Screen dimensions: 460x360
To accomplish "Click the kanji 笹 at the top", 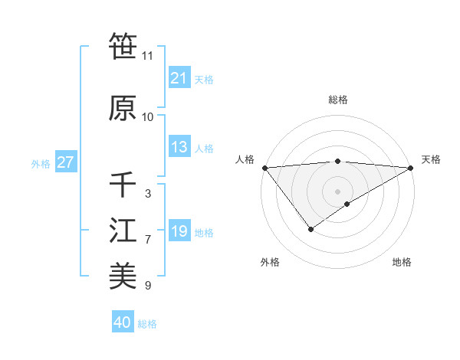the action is pyautogui.click(x=123, y=47).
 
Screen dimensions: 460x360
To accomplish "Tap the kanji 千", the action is pyautogui.click(x=123, y=185).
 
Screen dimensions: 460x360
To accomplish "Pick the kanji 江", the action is pyautogui.click(x=123, y=231).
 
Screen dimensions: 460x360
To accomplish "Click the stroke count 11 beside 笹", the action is pyautogui.click(x=148, y=56).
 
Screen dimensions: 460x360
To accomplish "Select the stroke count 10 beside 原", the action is pyautogui.click(x=148, y=117).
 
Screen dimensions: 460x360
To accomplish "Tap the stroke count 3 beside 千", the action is pyautogui.click(x=147, y=194).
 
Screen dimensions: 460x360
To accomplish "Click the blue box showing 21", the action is pyautogui.click(x=179, y=78).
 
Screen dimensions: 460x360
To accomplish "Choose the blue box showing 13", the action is pyautogui.click(x=179, y=148).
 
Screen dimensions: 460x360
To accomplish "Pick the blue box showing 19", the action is pyautogui.click(x=179, y=232).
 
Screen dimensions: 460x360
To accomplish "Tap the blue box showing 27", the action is pyautogui.click(x=65, y=163).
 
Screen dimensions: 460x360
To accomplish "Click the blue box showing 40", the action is pyautogui.click(x=123, y=323).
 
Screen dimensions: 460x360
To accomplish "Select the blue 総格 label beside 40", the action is pyautogui.click(x=147, y=324).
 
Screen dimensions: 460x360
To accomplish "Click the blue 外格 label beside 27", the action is pyautogui.click(x=41, y=164).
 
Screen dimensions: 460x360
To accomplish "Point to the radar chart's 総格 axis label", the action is pyautogui.click(x=337, y=100).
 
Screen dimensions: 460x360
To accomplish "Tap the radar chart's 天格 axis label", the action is pyautogui.click(x=431, y=159).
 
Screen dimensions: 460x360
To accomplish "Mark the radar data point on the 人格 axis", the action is pyautogui.click(x=264, y=168).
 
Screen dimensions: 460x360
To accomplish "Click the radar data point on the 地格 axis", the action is pyautogui.click(x=347, y=204).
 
